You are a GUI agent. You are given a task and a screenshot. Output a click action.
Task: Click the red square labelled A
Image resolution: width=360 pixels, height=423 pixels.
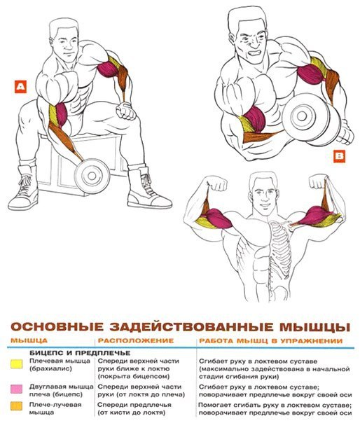[x=20, y=87]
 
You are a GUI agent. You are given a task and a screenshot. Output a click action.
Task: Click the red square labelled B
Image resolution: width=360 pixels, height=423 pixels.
[x=339, y=157]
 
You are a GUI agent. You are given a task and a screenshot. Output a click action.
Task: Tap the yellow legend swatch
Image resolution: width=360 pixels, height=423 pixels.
[x=16, y=364]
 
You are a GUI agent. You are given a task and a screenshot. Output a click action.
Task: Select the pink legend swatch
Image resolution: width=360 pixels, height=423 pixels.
[x=16, y=389]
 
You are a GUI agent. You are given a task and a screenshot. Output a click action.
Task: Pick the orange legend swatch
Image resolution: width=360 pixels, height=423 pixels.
[x=16, y=406]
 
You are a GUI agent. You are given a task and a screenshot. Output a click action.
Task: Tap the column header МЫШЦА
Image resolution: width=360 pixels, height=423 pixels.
[x=29, y=340]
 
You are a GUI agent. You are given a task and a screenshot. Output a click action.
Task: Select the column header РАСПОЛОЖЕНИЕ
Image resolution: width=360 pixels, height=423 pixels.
[x=136, y=340]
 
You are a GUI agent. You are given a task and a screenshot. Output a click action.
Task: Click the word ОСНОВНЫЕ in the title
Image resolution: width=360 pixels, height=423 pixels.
[x=57, y=326]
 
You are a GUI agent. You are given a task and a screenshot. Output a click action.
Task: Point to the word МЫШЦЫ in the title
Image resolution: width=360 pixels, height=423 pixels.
[x=314, y=326]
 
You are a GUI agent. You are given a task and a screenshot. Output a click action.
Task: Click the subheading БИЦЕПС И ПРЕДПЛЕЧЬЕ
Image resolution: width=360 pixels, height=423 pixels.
[x=80, y=353]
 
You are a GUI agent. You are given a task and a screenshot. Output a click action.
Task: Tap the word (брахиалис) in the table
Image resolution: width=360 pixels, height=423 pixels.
[x=50, y=369]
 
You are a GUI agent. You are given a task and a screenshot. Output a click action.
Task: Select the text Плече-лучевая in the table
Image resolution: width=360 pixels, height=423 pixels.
[x=55, y=405]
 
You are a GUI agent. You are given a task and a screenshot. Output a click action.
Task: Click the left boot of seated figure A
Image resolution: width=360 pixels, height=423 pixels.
[x=24, y=189]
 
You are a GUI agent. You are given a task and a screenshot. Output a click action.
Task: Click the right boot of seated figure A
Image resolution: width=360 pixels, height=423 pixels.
[x=148, y=188]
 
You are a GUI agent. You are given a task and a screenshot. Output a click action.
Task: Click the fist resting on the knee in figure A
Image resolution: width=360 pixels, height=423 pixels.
[x=125, y=111]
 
